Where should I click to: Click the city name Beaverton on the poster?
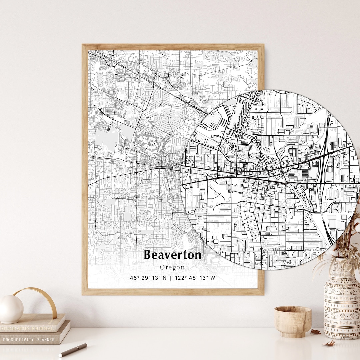(x=172, y=255)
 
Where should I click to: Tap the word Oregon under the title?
(x=172, y=267)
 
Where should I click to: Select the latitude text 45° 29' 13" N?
(x=148, y=278)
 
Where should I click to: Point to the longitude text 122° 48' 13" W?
(x=194, y=278)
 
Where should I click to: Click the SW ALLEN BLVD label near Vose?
(x=315, y=250)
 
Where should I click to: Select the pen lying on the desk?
(x=73, y=350)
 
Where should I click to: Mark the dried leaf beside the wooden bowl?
(x=315, y=332)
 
